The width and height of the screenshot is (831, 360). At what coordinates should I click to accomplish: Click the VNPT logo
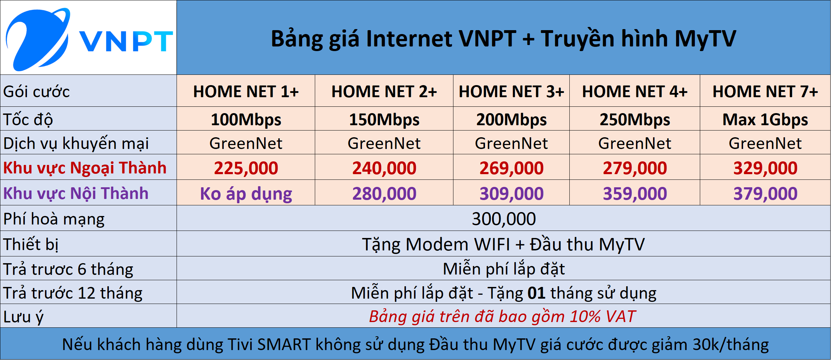point(89,38)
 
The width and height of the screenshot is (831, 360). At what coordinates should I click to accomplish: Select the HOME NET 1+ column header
point(246,92)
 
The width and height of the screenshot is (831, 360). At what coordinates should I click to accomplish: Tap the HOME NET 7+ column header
point(765,92)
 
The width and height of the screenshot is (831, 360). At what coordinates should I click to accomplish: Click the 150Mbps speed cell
point(384,120)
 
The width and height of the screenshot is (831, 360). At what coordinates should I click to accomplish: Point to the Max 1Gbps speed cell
point(765,120)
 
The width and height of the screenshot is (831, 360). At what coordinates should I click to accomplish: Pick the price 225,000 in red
point(246,168)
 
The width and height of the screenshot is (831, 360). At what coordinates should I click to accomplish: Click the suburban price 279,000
point(635,168)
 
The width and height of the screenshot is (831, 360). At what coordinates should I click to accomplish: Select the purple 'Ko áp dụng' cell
point(246,194)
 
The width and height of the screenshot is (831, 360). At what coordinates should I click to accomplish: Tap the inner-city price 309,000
point(511,194)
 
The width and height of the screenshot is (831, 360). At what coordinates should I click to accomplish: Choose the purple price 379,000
point(765,194)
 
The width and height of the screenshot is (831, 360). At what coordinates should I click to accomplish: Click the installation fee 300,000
point(503,219)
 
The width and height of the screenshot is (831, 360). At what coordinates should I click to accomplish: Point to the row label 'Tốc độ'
point(28,120)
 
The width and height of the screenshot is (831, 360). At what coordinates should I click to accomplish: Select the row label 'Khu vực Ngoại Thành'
point(85,168)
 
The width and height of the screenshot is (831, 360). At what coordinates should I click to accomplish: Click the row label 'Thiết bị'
point(31,244)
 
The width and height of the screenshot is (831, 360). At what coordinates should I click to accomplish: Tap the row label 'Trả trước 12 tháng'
point(73,293)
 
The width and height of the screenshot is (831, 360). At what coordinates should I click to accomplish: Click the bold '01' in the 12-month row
point(536,293)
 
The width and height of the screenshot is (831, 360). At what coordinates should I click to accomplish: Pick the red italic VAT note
point(502,316)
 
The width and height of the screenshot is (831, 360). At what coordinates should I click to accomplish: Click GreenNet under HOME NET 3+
point(511,143)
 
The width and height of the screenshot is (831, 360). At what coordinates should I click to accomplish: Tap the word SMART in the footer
point(284,344)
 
